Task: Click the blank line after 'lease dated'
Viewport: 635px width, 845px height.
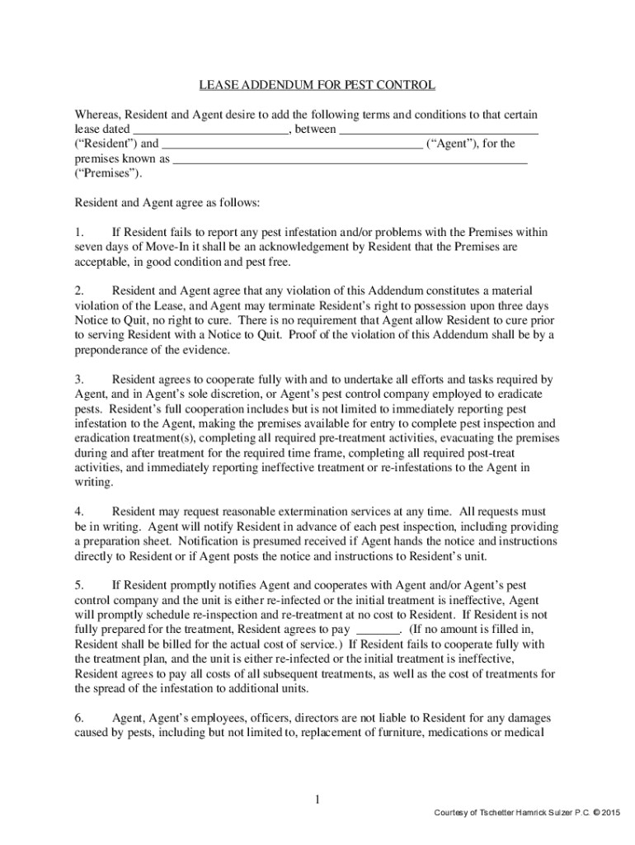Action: click(x=211, y=129)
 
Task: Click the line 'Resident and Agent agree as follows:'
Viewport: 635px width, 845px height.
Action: click(x=168, y=202)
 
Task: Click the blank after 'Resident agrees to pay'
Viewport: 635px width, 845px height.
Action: click(x=377, y=630)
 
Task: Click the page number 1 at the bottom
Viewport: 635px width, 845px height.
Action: click(x=317, y=800)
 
